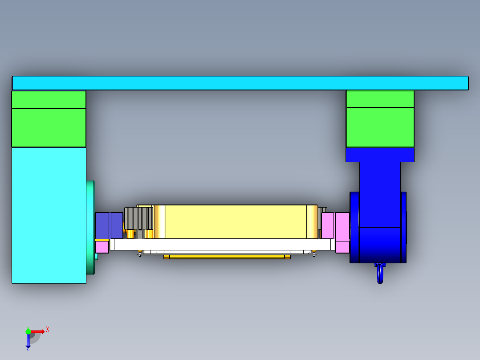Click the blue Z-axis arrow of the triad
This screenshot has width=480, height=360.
click(28, 341)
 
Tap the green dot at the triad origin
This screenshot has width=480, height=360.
click(28, 331)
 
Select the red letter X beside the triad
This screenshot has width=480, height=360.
click(48, 330)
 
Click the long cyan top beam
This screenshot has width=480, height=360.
click(240, 83)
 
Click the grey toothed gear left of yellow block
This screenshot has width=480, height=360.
click(138, 218)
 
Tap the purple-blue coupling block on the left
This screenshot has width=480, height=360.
click(109, 225)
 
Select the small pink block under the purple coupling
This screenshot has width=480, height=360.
click(102, 246)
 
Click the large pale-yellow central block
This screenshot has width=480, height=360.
click(236, 222)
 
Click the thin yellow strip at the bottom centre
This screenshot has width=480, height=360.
click(227, 257)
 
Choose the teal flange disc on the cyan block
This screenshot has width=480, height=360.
click(91, 227)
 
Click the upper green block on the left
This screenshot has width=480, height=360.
click(49, 100)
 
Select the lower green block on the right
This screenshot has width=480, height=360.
click(380, 127)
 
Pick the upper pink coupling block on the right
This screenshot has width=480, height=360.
click(335, 225)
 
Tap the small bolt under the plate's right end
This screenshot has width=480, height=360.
click(314, 254)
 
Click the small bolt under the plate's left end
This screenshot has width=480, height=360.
click(140, 254)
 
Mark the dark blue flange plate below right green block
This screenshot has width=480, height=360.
click(380, 155)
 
